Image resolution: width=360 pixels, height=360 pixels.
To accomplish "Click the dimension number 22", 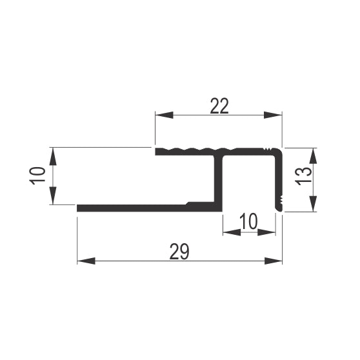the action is tap(219, 106).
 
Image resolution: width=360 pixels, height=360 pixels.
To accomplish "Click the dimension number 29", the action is tap(179, 252).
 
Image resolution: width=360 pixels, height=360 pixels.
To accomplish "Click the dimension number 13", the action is tap(303, 176).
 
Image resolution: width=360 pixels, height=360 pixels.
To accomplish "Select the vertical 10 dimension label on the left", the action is tap(37, 176).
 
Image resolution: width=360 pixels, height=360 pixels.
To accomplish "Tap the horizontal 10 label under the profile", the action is tap(248, 221).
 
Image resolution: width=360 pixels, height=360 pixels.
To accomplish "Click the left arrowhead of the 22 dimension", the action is tap(164, 115).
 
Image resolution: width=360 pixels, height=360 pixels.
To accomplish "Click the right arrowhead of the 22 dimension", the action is tap(273, 115).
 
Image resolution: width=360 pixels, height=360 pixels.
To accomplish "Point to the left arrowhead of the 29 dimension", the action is tap(86, 261).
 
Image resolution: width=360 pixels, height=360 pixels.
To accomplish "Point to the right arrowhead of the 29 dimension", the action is tap(273, 261).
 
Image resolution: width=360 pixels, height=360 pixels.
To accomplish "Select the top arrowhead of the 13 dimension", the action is tap(313, 156).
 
